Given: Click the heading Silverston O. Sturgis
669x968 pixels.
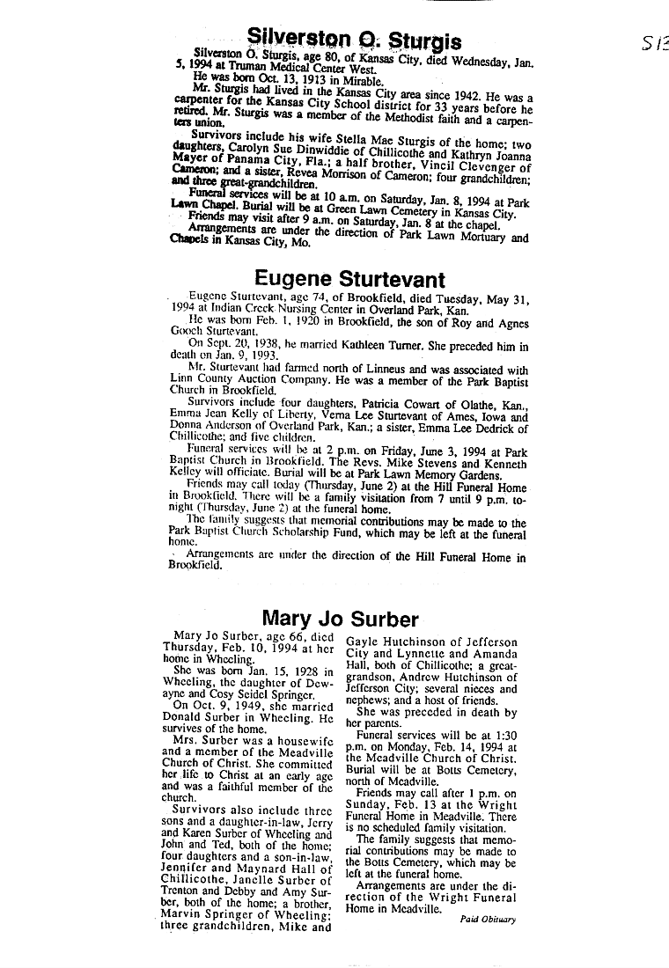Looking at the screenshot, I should click(354, 37).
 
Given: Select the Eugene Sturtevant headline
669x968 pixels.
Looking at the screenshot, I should click(349, 281).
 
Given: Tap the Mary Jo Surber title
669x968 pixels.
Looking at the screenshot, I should click(346, 620).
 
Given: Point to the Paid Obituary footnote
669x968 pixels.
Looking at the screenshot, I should click(488, 920).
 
